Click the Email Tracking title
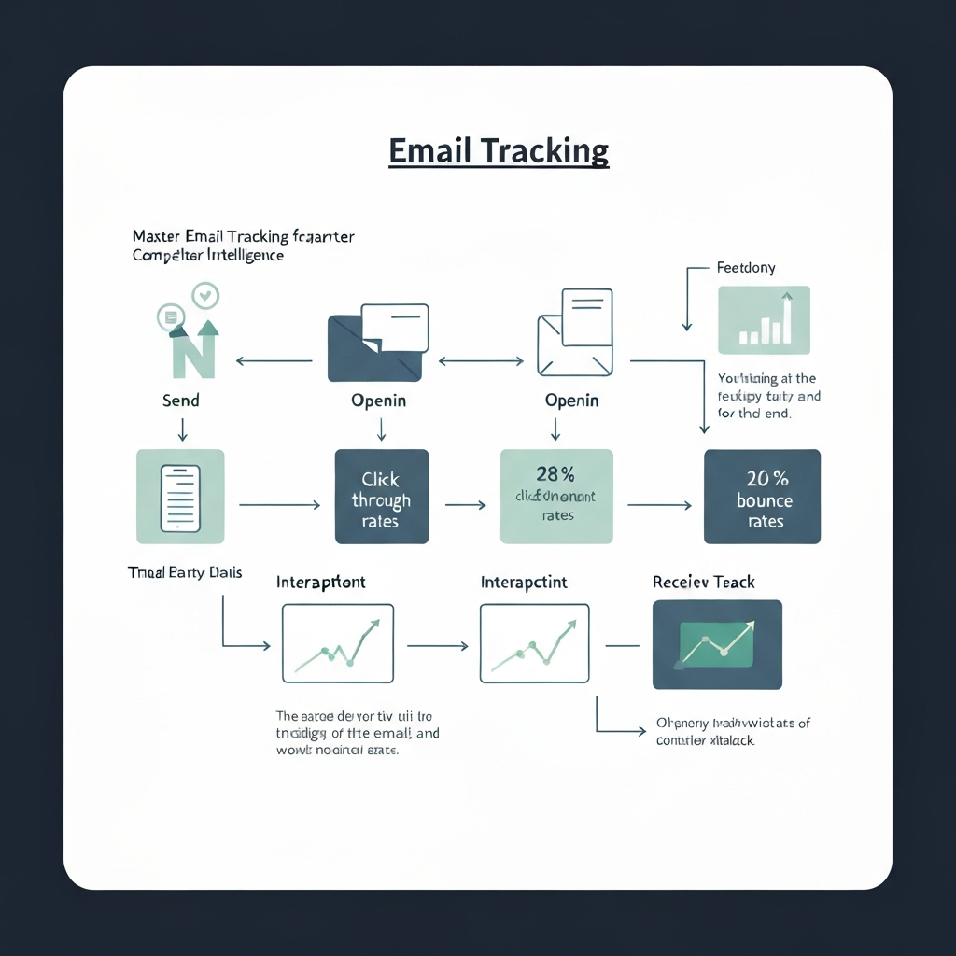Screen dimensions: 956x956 [499, 150]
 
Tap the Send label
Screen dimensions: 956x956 [180, 400]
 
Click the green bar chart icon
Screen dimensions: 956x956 [765, 320]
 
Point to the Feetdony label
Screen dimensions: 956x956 [746, 268]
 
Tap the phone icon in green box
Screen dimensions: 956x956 [180, 497]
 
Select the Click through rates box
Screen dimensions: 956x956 [381, 497]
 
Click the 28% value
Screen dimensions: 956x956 [556, 474]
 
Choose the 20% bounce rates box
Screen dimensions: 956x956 [762, 497]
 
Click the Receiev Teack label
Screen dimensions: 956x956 [703, 582]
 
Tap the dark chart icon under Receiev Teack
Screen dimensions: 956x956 [717, 644]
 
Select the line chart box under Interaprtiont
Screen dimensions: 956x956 [337, 643]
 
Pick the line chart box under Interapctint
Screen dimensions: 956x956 [534, 643]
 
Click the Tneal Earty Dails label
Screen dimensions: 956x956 [184, 572]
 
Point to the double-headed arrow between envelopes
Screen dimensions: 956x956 [481, 360]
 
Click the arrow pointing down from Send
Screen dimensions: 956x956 [182, 429]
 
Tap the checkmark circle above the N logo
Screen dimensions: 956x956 [204, 296]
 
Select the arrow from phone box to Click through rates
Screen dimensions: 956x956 [280, 505]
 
